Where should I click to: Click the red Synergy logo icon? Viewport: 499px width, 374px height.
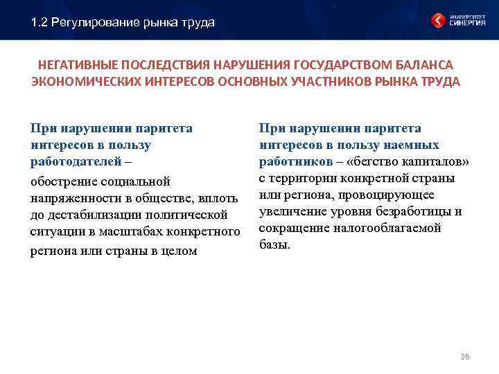[438, 19]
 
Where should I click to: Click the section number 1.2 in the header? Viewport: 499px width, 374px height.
[40, 23]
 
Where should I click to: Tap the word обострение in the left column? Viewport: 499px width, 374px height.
[62, 182]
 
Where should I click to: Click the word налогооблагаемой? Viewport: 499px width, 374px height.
[389, 228]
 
